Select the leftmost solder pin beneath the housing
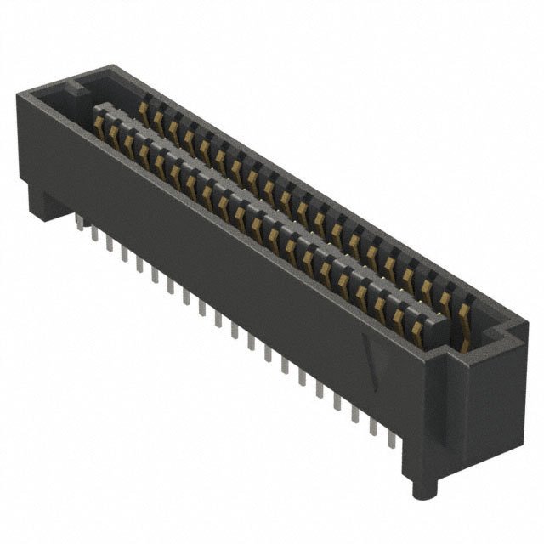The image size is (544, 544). [78, 223]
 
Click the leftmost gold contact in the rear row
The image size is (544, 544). [144, 107]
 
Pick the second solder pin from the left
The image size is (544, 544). [93, 233]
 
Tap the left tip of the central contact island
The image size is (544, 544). [97, 108]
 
